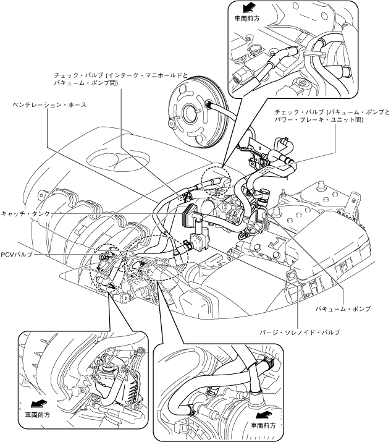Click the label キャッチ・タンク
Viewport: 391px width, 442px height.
pyautogui.click(x=25, y=214)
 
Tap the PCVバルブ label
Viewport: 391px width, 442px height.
pyautogui.click(x=17, y=255)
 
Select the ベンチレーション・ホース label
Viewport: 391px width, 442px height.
pyautogui.click(x=49, y=105)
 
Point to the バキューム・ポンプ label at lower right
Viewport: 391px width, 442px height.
pyautogui.click(x=343, y=308)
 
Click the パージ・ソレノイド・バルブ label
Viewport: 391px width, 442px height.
pyautogui.click(x=300, y=333)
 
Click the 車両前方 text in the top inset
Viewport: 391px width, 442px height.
pyautogui.click(x=247, y=19)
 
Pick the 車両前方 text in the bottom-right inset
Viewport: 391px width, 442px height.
pyautogui.click(x=263, y=425)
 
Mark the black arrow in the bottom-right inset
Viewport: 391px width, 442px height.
pyautogui.click(x=264, y=415)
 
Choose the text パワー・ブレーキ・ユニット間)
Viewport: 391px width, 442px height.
pyautogui.click(x=319, y=119)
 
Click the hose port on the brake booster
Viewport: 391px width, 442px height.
pyautogui.click(x=209, y=105)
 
